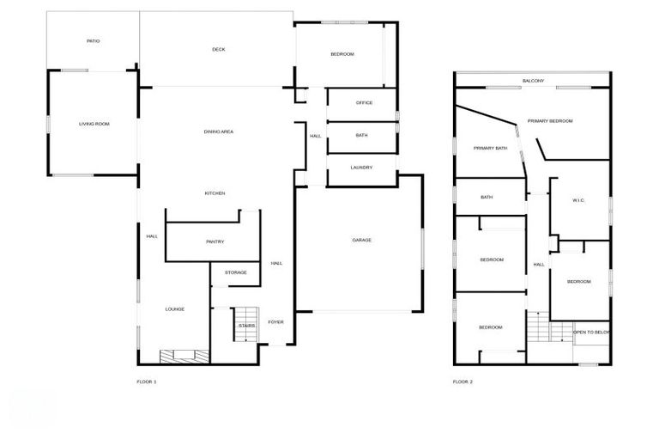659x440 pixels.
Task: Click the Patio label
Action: click(93, 40)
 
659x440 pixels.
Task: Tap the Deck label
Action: click(219, 49)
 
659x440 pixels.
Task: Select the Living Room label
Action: click(94, 124)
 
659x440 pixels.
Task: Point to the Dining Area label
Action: click(219, 131)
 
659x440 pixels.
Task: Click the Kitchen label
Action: click(215, 193)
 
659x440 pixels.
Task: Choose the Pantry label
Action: click(215, 241)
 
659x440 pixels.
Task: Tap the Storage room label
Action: click(236, 272)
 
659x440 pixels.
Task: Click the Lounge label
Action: click(175, 309)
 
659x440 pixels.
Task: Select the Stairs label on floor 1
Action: click(247, 327)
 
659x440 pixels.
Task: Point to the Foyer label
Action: click(275, 322)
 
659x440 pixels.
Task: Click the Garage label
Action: click(361, 240)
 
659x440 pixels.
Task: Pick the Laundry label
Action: click(361, 167)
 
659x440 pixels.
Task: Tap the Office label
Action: click(364, 103)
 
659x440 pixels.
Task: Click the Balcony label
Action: click(533, 81)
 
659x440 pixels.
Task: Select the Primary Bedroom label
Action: click(550, 121)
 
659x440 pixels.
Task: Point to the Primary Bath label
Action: click(490, 148)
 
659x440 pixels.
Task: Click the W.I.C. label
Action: click(578, 201)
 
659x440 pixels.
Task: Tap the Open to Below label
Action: click(592, 333)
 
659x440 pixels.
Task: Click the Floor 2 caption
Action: click(463, 382)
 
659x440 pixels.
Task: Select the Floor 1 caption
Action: click(147, 382)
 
